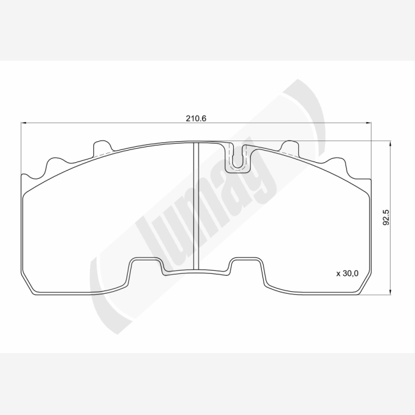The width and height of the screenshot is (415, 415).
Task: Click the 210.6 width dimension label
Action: pos(196,118)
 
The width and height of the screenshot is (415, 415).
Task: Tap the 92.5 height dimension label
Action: pos(386,217)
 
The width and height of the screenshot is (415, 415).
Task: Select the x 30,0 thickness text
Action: pos(347,273)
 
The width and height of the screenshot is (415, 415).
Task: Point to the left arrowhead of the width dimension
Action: pos(24,123)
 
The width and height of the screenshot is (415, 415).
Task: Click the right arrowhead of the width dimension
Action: pos(368,123)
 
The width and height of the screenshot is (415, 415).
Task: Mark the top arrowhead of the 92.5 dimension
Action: pos(390,144)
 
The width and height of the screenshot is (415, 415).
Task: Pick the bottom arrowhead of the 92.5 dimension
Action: pos(390,292)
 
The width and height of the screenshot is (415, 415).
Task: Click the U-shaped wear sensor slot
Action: pos(238,158)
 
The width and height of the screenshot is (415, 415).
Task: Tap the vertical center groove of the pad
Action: pos(196,206)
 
